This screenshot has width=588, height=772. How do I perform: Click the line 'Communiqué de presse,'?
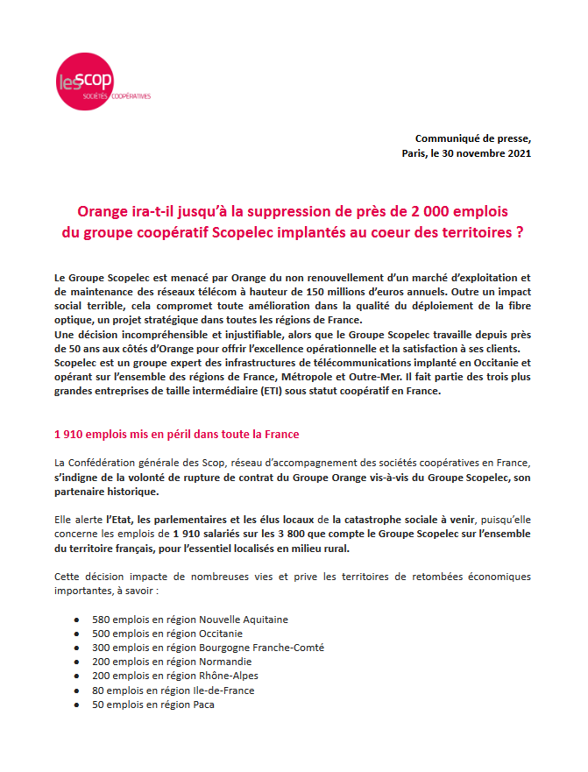tap(473, 138)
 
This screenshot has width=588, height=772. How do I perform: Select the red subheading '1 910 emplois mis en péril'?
tap(176, 434)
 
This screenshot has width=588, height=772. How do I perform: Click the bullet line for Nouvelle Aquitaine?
tap(190, 620)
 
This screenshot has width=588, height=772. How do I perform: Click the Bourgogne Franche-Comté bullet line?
tap(208, 648)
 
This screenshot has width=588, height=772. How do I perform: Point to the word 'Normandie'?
tap(226, 662)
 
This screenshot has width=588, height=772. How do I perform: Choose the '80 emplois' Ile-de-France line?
tap(173, 690)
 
